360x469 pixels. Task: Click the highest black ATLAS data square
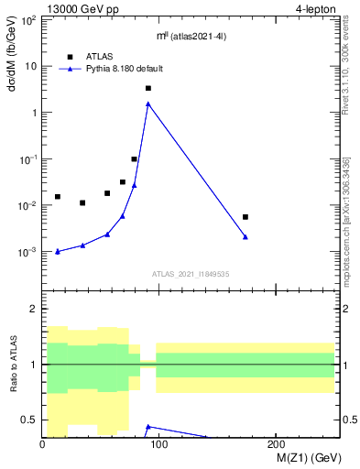[148, 88]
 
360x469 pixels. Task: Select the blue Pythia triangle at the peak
[148, 104]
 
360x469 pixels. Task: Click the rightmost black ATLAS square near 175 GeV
[245, 217]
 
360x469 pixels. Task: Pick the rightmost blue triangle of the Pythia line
[245, 236]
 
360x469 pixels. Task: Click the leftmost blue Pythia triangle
[58, 251]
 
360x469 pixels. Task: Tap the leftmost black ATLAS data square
[58, 197]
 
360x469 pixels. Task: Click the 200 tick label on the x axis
[277, 444]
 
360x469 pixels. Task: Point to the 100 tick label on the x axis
[159, 444]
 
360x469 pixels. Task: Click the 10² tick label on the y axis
[29, 19]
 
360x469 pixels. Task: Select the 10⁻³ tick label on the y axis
[29, 252]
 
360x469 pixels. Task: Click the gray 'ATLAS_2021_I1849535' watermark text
[191, 273]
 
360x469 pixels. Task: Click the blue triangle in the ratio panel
[148, 426]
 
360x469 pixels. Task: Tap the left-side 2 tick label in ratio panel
[34, 310]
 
